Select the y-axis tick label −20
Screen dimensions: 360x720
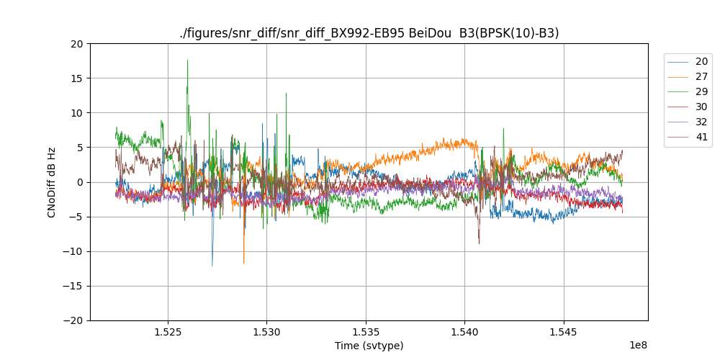(74, 320)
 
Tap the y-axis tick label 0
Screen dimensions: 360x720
(80, 182)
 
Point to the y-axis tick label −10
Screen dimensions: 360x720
(74, 251)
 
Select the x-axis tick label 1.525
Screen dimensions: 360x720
(168, 333)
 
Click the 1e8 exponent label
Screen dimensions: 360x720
(638, 345)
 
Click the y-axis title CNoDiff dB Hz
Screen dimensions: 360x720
(52, 182)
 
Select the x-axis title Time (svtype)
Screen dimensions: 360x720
(369, 346)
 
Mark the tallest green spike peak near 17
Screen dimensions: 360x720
(187, 60)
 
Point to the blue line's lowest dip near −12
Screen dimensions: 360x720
(212, 266)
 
